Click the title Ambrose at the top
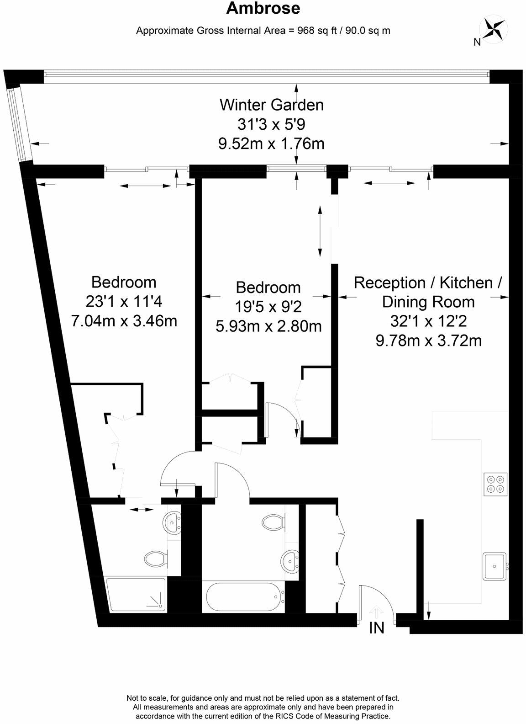pos(263,9)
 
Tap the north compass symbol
pos(493,28)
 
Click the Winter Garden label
pos(272,105)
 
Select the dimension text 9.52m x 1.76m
pos(272,144)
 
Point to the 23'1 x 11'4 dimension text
pos(124,301)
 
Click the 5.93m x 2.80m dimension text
pos(268,326)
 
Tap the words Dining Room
pos(428,302)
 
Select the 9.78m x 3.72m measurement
pos(428,341)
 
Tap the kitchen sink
pos(494,566)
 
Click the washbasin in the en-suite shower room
pos(173,522)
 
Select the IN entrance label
pos(377,628)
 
